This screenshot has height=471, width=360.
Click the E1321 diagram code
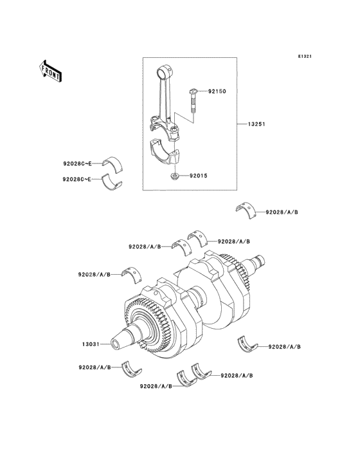click(x=305, y=57)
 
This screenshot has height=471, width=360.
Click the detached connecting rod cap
click(x=166, y=152)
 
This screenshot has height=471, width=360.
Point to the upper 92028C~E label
click(x=77, y=163)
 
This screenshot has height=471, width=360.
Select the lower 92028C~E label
click(x=77, y=178)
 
